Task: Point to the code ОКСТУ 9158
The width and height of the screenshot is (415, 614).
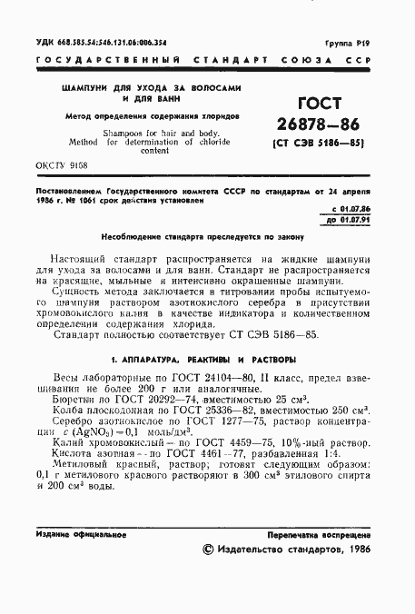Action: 63,167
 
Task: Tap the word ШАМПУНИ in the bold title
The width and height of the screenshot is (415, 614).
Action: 85,89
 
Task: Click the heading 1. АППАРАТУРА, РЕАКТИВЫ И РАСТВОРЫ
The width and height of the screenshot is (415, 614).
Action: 206,359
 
